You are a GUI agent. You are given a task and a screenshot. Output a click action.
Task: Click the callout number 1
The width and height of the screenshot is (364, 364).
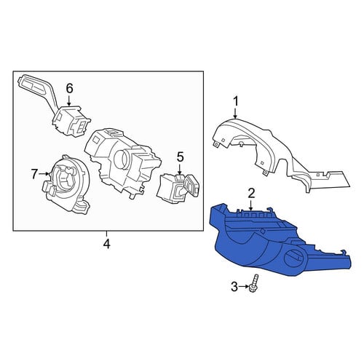pyautogui.click(x=236, y=102)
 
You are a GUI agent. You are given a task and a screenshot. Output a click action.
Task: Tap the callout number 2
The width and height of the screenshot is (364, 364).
pyautogui.click(x=251, y=194)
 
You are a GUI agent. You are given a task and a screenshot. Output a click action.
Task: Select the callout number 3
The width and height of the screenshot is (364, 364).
pyautogui.click(x=234, y=287)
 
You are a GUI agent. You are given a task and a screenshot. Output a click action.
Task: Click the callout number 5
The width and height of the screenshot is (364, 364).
pyautogui.click(x=180, y=157)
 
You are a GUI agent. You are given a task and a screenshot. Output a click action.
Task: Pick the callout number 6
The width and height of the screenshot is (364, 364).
pyautogui.click(x=69, y=89)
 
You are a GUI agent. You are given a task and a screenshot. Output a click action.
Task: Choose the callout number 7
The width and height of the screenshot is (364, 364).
pyautogui.click(x=35, y=174)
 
